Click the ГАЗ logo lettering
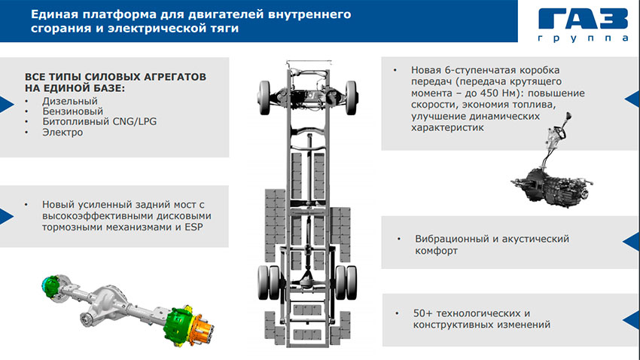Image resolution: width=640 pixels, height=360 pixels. [583, 18]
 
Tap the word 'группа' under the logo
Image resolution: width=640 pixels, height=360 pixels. [584, 38]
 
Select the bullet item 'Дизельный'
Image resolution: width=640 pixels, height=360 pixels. [70, 101]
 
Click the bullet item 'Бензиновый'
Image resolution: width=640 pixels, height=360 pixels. [72, 111]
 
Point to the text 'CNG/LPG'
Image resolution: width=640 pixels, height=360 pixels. [135, 122]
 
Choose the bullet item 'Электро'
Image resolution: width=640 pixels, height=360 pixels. [62, 133]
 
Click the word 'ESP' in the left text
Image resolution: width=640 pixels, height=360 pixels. [194, 227]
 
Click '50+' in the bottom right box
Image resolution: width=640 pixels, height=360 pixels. [422, 313]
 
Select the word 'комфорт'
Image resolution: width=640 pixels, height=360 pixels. [436, 251]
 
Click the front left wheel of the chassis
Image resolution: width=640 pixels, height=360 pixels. [264, 98]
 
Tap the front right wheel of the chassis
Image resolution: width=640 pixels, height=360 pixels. [351, 98]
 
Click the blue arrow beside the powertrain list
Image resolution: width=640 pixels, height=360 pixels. [7, 105]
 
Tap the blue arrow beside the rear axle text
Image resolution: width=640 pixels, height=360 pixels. [7, 216]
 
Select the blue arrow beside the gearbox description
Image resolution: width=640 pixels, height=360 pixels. [632, 99]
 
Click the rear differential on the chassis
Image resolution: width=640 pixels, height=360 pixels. [307, 281]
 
